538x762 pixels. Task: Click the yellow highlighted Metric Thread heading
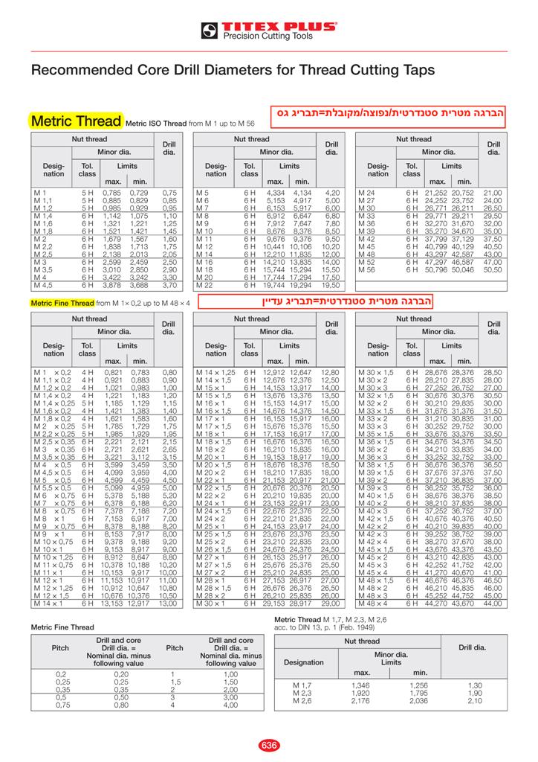[x=76, y=121]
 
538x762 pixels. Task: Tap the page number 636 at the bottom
[x=268, y=746]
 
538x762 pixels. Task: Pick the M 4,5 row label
[x=43, y=285]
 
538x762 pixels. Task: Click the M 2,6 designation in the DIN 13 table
[x=302, y=701]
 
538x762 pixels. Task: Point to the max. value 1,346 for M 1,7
[x=360, y=685]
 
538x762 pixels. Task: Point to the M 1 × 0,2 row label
[x=51, y=371]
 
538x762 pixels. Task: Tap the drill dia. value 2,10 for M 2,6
[x=475, y=701]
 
